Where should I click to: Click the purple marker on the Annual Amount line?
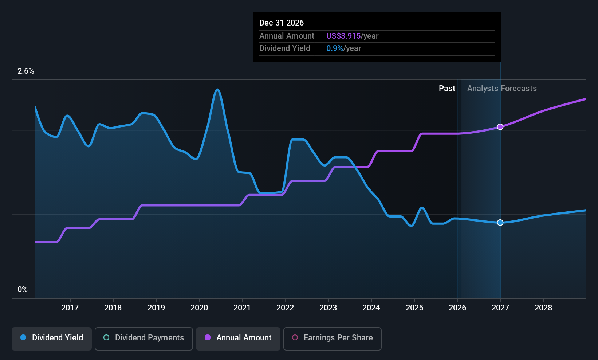coord(500,127)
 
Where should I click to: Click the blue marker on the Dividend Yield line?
coord(500,223)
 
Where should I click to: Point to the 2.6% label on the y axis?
coord(25,71)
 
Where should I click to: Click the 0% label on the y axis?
coord(23,290)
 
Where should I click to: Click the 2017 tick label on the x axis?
coord(70,308)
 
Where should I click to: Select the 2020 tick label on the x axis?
coord(199,308)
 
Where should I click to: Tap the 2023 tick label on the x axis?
coord(328,308)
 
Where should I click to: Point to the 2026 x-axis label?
coord(457,308)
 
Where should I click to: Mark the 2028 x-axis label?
coord(543,308)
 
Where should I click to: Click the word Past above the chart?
coord(447,89)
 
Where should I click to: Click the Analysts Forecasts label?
coord(502,89)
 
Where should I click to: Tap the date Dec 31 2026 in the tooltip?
coord(282,23)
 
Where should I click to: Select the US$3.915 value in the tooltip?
coord(343,36)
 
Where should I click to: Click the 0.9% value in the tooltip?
coord(334,48)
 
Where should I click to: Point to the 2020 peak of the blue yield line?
coord(217,89)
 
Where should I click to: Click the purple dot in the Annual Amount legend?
coord(208,337)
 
